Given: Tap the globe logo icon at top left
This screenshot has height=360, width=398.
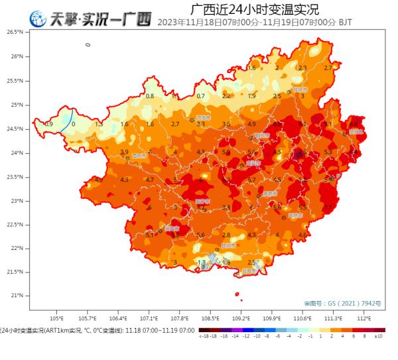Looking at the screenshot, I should point(38,19).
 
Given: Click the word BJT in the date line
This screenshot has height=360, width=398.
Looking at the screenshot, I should point(345,22).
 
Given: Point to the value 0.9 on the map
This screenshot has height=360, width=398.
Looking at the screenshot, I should point(48,124).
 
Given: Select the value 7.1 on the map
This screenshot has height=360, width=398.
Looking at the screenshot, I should point(328,207).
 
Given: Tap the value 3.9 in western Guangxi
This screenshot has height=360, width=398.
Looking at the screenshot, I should point(124,152).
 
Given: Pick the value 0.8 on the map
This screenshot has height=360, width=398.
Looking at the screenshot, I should point(150,96).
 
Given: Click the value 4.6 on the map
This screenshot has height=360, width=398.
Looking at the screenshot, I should point(302,235).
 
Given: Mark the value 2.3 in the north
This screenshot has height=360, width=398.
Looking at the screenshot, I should point(302,68).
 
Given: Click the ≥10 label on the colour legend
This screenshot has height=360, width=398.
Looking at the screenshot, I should point(379,336).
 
